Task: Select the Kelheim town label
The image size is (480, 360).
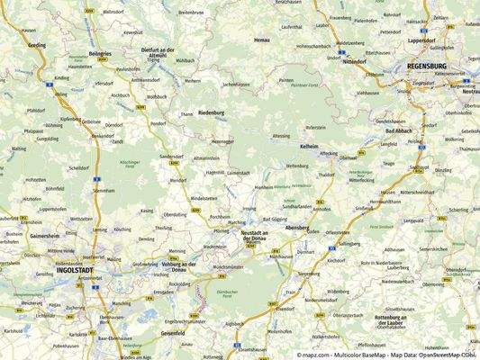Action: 309,145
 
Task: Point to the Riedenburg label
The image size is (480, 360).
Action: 210,113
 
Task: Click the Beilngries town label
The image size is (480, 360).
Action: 99,54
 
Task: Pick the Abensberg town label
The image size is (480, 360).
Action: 296,228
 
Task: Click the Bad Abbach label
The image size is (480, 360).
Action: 397,131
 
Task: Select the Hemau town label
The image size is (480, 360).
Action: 262,40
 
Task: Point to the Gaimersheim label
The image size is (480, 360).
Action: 44,234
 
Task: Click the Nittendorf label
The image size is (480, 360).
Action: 354,62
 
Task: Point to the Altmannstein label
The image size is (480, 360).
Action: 206,157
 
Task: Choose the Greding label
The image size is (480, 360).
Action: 37,44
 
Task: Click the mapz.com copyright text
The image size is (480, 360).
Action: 386,355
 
